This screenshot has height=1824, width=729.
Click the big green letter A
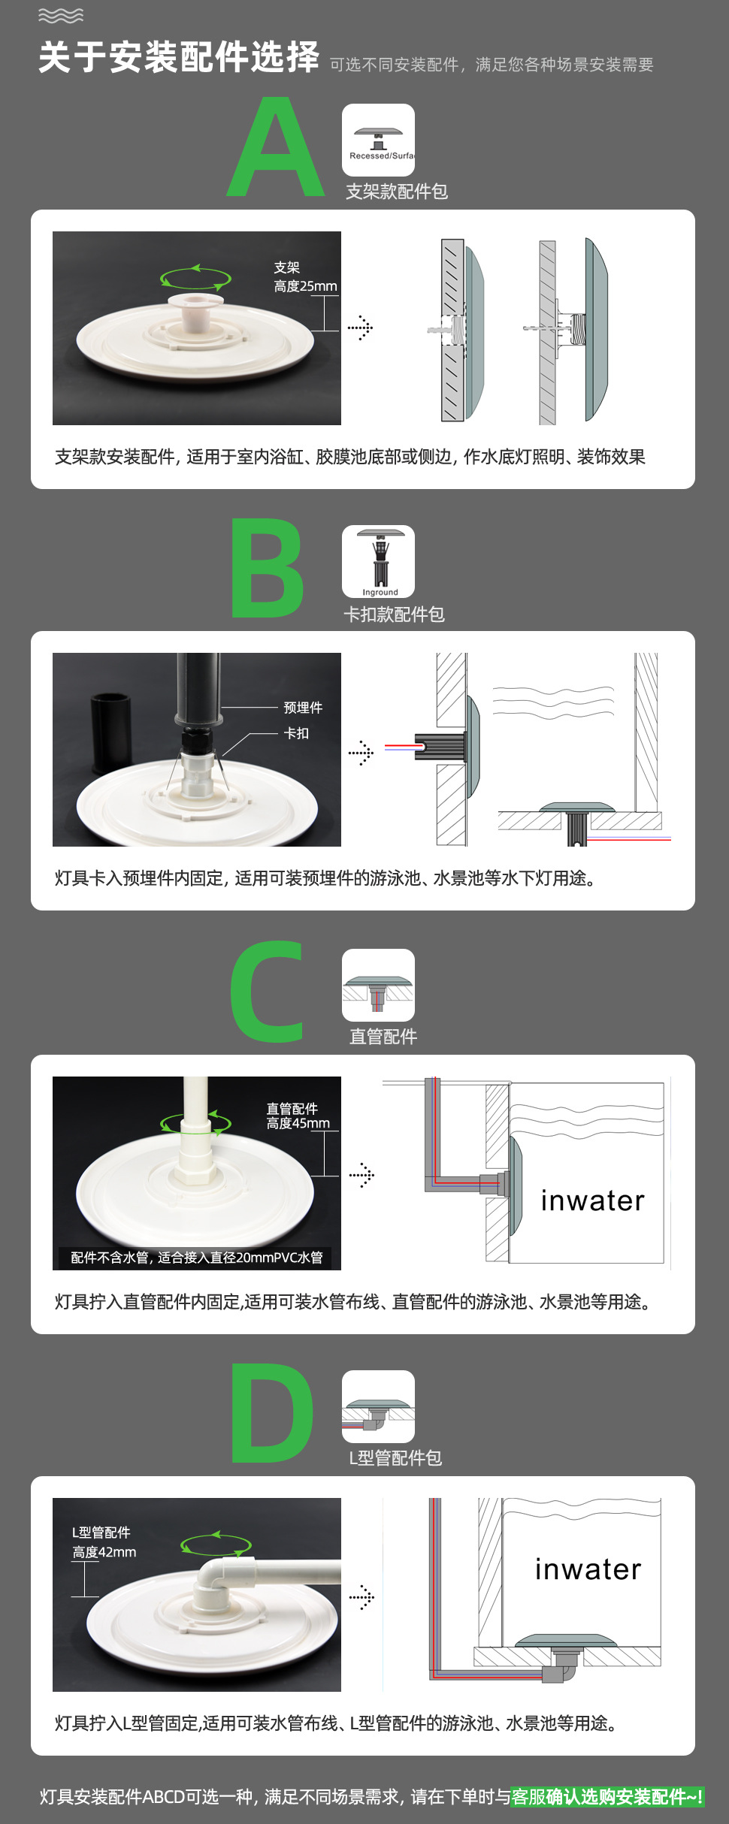(x=276, y=149)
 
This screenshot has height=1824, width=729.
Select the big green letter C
(x=267, y=992)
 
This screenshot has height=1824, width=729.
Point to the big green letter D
(x=271, y=1413)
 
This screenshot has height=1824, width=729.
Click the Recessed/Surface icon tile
(x=378, y=140)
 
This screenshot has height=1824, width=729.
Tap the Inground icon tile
(x=378, y=562)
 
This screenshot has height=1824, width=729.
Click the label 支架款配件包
(x=397, y=192)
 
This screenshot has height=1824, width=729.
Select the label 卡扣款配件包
(x=394, y=615)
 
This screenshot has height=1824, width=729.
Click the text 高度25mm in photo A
(x=305, y=286)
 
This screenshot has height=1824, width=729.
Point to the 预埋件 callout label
(x=303, y=708)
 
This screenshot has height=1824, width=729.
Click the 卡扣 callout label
(x=296, y=733)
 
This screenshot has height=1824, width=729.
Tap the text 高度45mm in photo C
(x=298, y=1123)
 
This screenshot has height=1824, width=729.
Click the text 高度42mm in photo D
(x=104, y=1552)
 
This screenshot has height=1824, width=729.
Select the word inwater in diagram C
(x=592, y=1200)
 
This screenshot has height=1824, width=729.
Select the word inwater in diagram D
(x=588, y=1569)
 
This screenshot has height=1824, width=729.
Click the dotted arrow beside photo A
(x=361, y=328)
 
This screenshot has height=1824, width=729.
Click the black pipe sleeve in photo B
(x=111, y=732)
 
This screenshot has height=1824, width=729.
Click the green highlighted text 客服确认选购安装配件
(x=606, y=1797)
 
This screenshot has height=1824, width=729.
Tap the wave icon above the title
(x=60, y=16)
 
